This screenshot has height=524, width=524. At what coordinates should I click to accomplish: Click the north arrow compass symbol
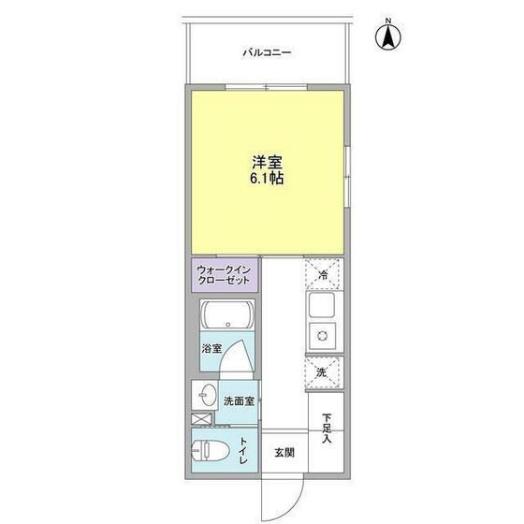coord(388,37)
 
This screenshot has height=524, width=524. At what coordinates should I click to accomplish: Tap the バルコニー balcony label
coord(267,52)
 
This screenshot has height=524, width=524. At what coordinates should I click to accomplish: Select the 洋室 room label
coord(267,163)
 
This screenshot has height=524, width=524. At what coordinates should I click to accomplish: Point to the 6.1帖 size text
coord(267,179)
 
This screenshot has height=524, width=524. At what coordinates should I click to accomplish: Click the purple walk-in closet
coord(225,275)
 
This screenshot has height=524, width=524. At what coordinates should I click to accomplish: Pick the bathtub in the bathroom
coord(227,314)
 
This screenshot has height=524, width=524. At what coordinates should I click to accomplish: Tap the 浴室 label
coord(211,348)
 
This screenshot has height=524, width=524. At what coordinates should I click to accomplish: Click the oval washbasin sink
coord(207,395)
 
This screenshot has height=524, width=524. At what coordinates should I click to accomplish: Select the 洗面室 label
coord(239,401)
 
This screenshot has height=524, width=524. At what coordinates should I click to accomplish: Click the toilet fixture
coord(211,450)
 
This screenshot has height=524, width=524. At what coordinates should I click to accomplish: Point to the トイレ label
coord(243,451)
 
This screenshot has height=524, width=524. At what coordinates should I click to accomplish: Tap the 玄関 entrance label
coord(284,453)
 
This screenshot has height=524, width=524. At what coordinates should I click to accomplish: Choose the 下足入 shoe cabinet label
coord(327,429)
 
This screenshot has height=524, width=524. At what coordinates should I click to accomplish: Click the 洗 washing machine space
coord(324,372)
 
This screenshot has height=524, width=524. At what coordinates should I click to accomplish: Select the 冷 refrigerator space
coord(324,274)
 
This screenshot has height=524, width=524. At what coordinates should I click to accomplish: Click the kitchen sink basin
coord(322,305)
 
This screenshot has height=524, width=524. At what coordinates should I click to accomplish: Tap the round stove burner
coord(322,335)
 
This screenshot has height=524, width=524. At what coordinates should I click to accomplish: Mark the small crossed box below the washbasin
coord(202,419)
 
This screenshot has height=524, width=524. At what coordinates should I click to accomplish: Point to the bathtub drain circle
coord(228,324)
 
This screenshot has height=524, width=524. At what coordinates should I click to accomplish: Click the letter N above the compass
coord(388,21)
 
